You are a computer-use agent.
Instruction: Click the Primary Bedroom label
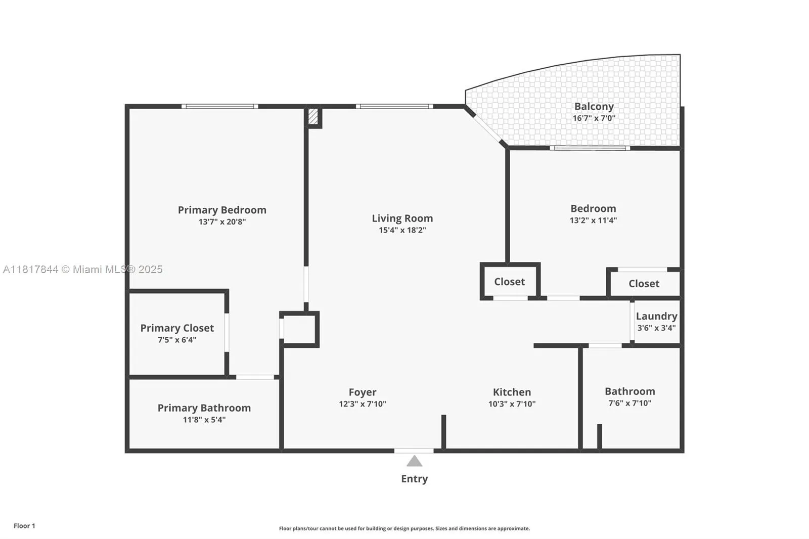point(222,210)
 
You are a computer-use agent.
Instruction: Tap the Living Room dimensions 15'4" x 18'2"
point(402,230)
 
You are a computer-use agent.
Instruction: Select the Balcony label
point(594,107)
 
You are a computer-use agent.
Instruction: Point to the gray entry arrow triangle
point(414,461)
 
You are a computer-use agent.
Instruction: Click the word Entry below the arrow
point(414,479)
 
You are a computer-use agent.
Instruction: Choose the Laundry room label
point(656,317)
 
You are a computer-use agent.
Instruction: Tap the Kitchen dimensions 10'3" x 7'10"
point(512,404)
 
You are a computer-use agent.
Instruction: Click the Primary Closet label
point(177,328)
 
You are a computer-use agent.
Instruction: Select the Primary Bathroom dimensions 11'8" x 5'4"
point(204,420)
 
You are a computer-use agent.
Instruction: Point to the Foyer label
point(362,392)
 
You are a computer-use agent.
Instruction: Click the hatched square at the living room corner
point(313,116)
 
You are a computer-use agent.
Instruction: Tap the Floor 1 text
point(25,526)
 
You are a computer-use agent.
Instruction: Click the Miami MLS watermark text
point(83,269)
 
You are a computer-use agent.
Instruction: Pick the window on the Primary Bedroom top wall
point(219,106)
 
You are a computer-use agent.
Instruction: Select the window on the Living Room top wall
point(394,106)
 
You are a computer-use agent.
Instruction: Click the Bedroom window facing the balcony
point(590,148)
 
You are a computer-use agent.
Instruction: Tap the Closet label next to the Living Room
point(509,282)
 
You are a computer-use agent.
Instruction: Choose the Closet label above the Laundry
point(644,284)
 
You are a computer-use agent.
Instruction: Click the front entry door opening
point(414,451)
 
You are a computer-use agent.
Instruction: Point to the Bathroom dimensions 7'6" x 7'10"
point(630,403)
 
